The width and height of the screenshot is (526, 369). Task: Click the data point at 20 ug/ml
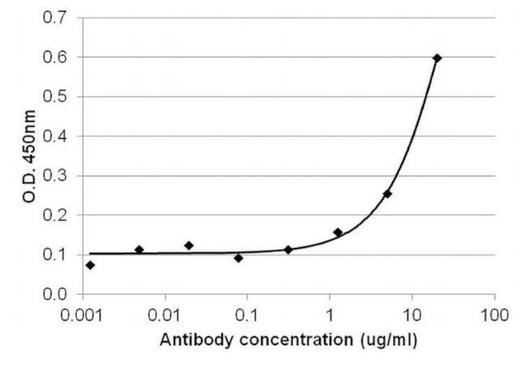pyautogui.click(x=437, y=58)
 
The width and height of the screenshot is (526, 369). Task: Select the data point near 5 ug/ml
pyautogui.click(x=388, y=194)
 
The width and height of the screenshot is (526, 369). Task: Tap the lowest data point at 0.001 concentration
pyautogui.click(x=90, y=265)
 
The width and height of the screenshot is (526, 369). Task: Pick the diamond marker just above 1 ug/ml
pyautogui.click(x=337, y=232)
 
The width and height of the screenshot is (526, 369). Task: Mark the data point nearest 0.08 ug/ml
pyautogui.click(x=238, y=258)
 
